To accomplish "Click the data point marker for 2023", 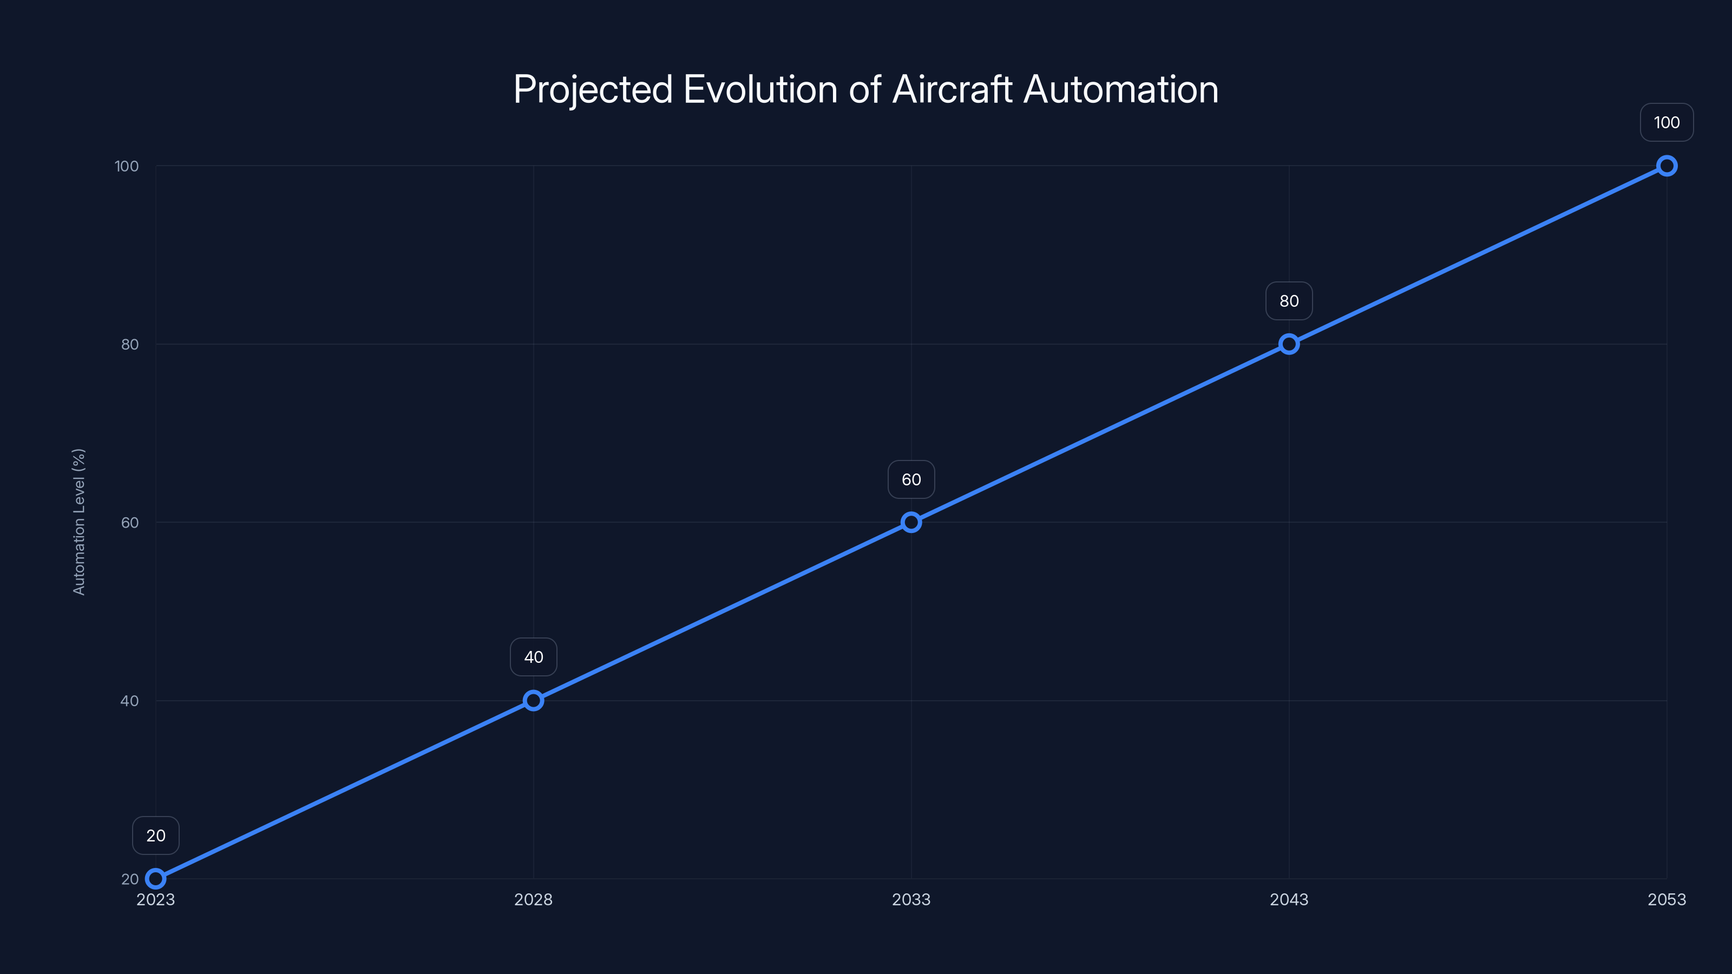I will click(x=155, y=879).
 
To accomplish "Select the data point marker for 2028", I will click(x=533, y=700).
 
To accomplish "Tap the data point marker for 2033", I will click(x=911, y=522).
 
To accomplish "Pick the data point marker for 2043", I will click(x=1289, y=344).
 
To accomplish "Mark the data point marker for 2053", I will click(x=1667, y=166).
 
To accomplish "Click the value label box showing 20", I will click(x=155, y=835).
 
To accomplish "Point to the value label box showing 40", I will click(x=533, y=657).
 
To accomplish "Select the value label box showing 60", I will click(x=911, y=479).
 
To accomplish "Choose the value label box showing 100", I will click(x=1667, y=122).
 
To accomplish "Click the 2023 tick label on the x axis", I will click(x=155, y=899).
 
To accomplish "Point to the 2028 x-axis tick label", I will click(x=533, y=899).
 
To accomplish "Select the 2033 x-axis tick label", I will click(x=911, y=899).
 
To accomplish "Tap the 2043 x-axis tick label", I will click(x=1289, y=899).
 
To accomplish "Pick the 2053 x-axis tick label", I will click(x=1667, y=899).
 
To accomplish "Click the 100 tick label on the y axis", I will click(x=127, y=166).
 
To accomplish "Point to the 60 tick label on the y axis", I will click(x=130, y=522).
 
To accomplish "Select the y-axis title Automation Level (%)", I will click(x=78, y=522).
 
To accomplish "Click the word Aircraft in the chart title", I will click(x=952, y=89).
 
